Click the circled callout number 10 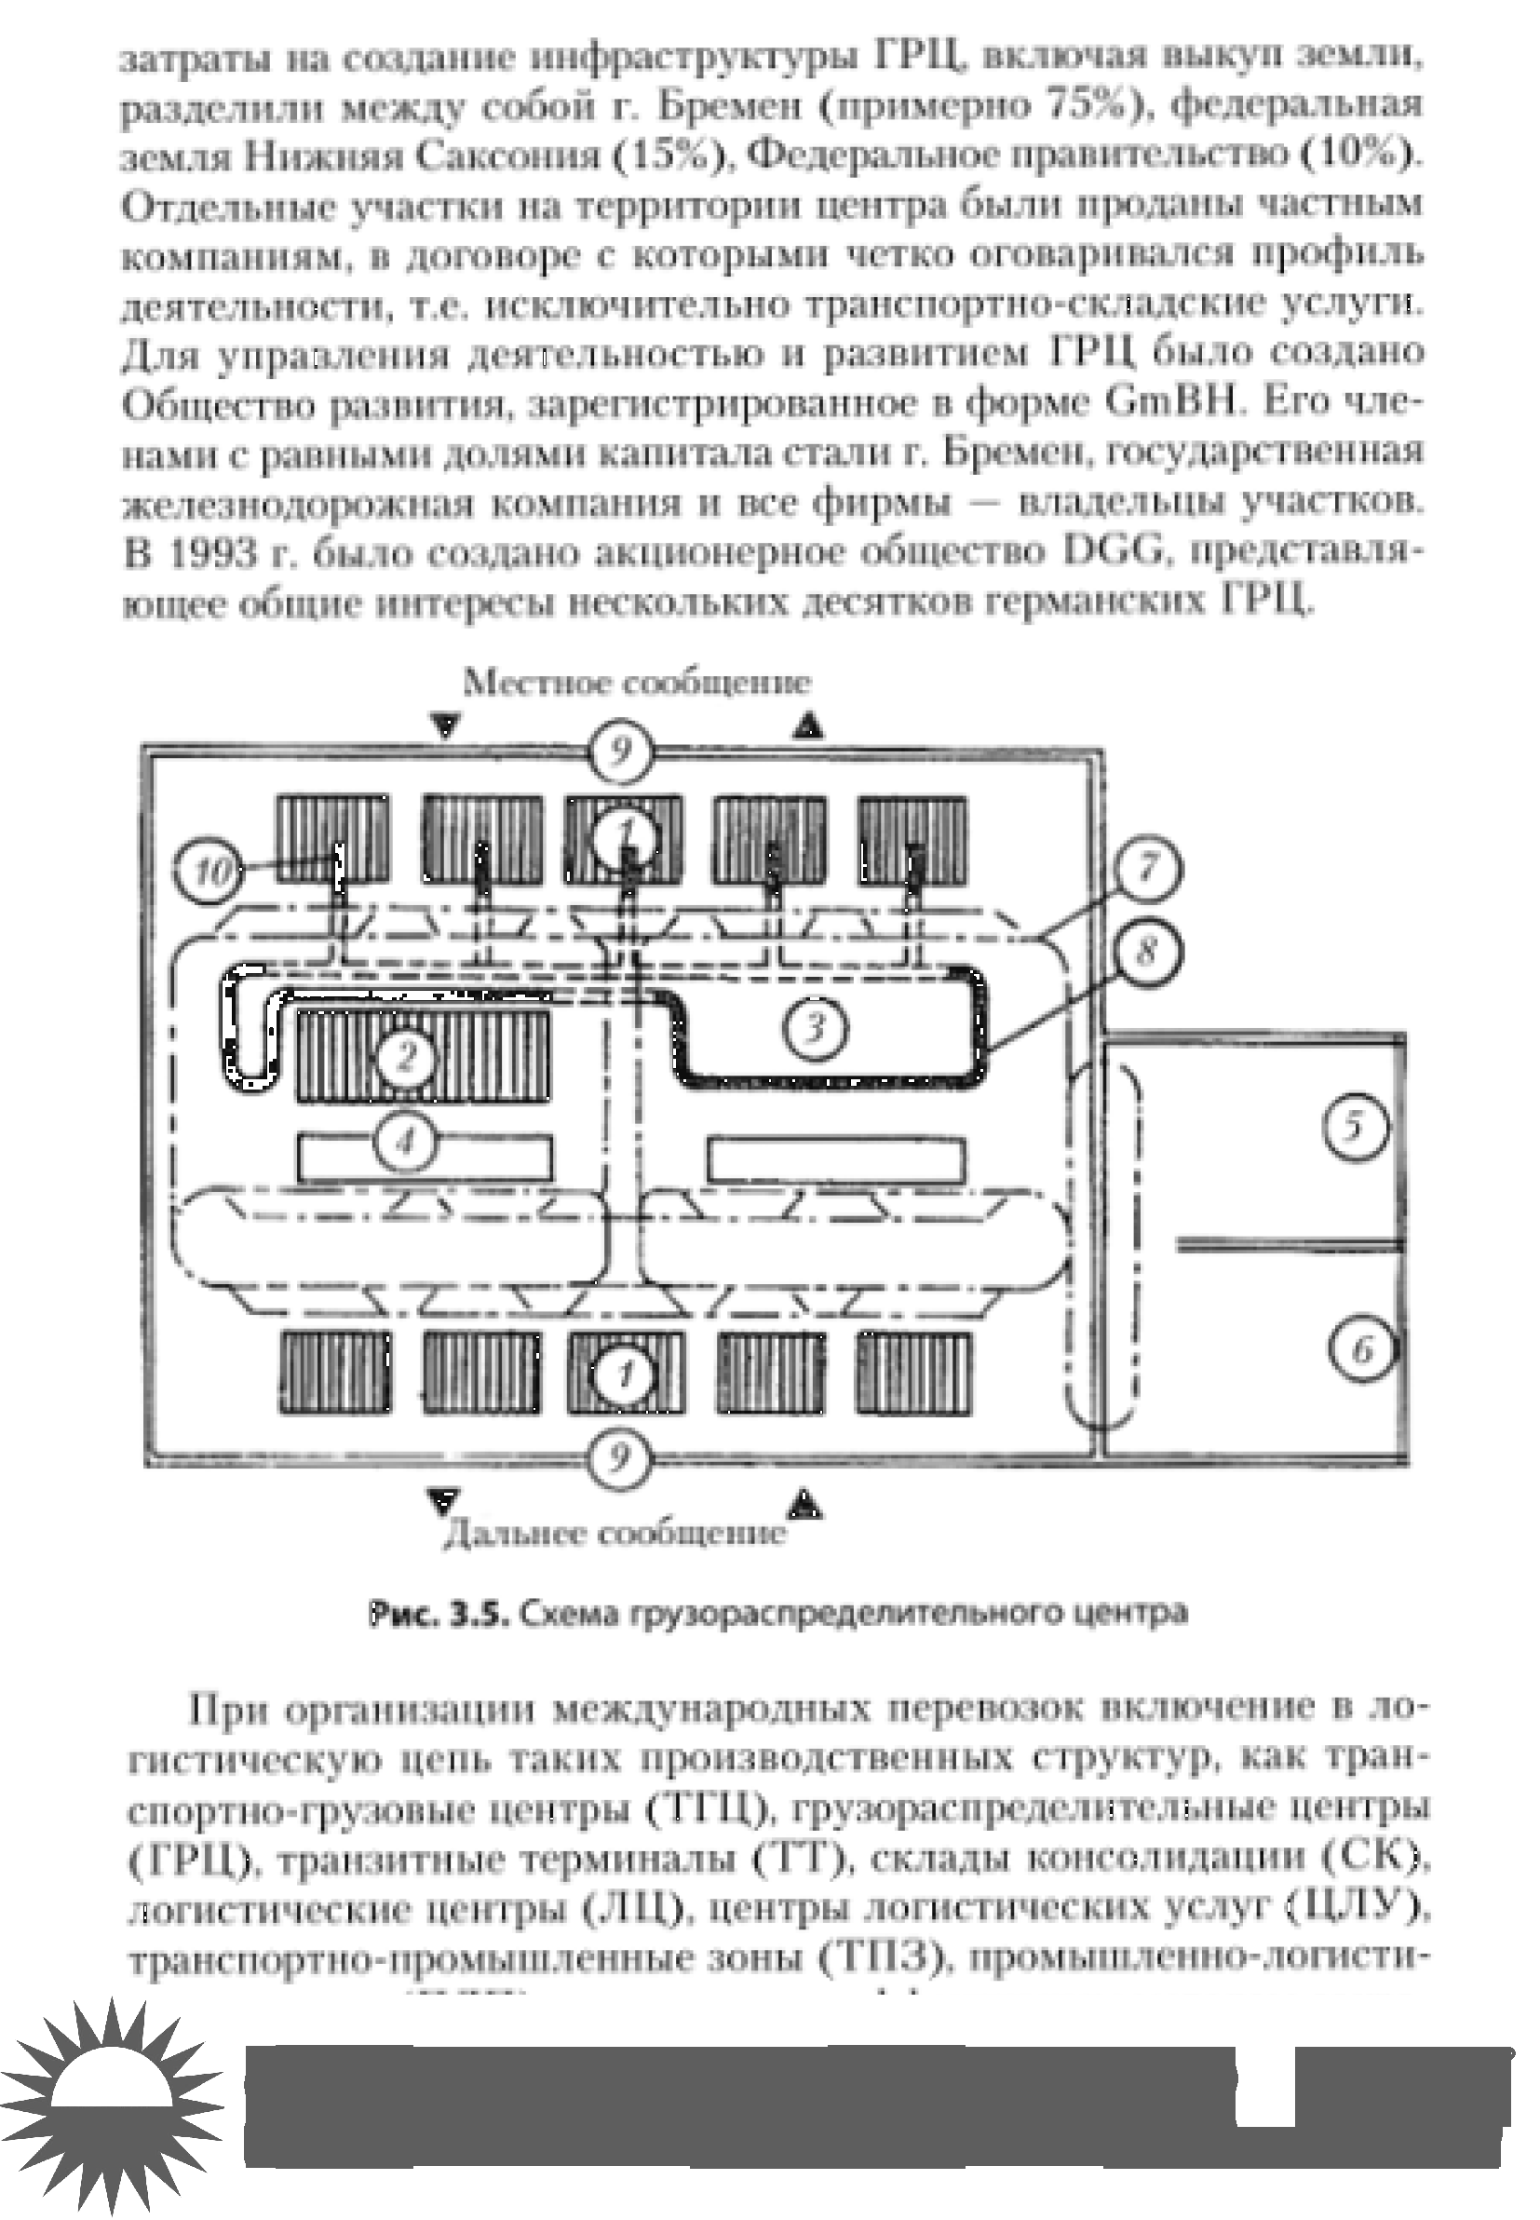point(210,873)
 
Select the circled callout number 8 point(1146,954)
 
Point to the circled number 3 point(816,1028)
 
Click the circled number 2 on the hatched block point(406,1058)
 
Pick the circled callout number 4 point(405,1144)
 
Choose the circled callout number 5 point(1354,1126)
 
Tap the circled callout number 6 point(1361,1349)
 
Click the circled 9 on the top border point(621,750)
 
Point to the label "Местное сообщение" point(637,684)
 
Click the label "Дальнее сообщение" point(615,1534)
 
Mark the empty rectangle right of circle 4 point(835,1159)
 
